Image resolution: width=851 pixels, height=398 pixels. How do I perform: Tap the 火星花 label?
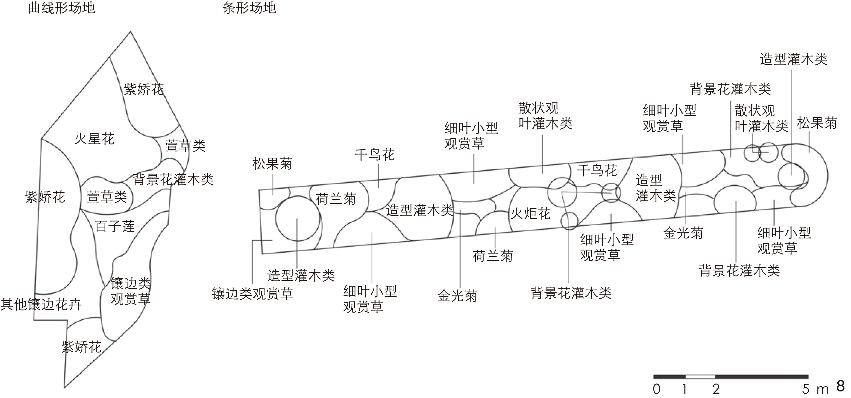(94, 139)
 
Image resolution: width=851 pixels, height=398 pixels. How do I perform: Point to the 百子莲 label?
(115, 226)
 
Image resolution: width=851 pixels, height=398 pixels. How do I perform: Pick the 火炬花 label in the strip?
(531, 214)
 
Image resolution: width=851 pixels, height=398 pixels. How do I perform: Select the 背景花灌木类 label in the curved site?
(173, 180)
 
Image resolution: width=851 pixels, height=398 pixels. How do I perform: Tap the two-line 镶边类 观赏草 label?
(130, 291)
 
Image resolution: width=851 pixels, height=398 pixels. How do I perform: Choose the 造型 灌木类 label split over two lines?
(655, 188)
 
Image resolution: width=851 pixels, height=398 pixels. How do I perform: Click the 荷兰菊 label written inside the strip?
(336, 199)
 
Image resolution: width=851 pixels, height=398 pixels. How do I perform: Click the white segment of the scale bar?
(700, 377)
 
